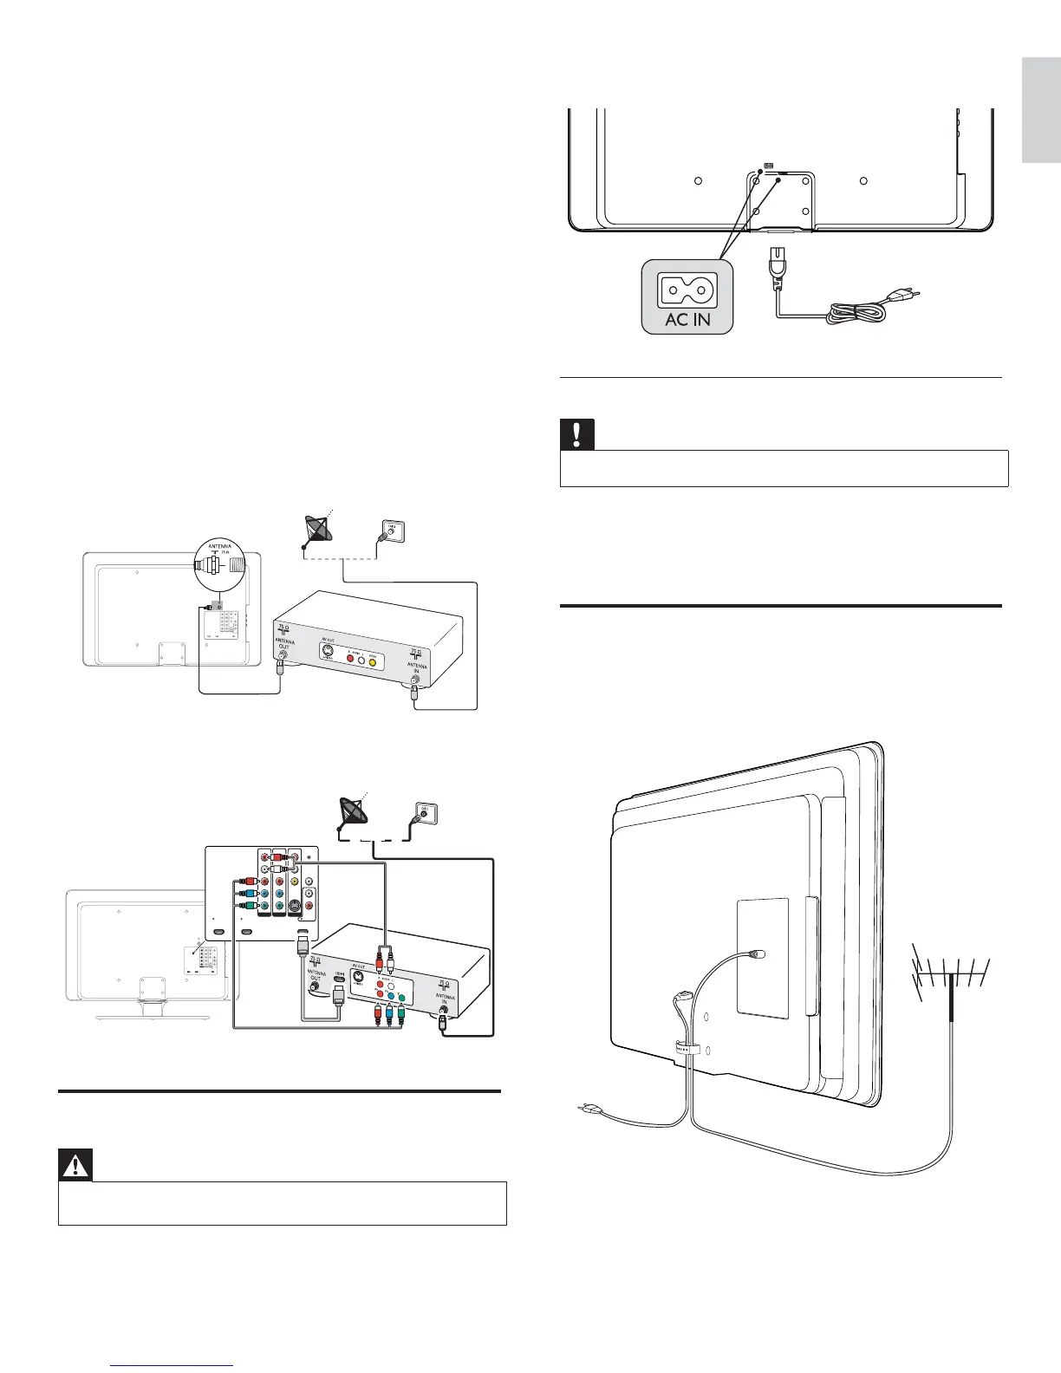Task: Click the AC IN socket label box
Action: (x=687, y=296)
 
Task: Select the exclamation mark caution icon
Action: (x=576, y=433)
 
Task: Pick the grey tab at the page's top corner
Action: (x=1040, y=110)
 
